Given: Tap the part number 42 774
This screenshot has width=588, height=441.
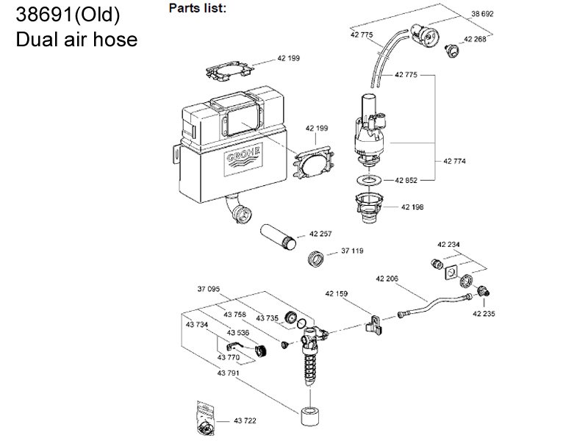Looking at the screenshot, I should (x=455, y=160).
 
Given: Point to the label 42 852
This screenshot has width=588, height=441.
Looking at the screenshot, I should (x=407, y=179).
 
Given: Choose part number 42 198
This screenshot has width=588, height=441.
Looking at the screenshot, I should (x=412, y=207).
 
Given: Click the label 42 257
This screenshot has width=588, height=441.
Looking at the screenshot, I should (x=320, y=234).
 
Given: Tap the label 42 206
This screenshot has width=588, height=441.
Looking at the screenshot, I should (x=387, y=278).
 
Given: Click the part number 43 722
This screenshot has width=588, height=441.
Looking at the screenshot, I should (x=245, y=420).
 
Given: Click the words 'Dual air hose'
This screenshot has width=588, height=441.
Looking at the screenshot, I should (x=76, y=39).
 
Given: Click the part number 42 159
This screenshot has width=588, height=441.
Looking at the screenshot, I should (x=337, y=293).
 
